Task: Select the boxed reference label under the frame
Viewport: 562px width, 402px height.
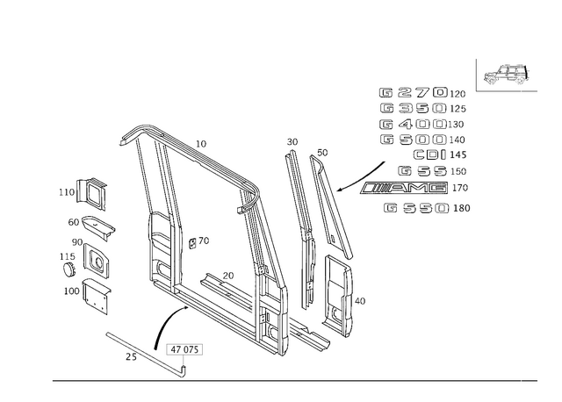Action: pyautogui.click(x=184, y=349)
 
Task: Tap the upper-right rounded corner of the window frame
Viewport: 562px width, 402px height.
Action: pyautogui.click(x=253, y=189)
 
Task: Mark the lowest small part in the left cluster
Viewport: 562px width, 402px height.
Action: pyautogui.click(x=95, y=305)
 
